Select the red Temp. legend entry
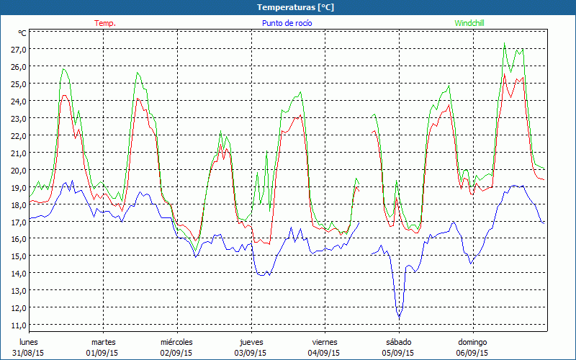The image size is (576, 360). pos(105,23)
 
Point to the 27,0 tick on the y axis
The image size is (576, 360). pos(18,49)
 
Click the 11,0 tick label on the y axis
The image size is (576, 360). pos(18,325)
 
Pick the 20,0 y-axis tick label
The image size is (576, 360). pos(18,170)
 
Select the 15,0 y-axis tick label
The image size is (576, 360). pos(18,256)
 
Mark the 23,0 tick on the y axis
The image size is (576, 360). pos(18,118)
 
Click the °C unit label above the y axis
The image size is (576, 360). pos(22,33)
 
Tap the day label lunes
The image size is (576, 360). pos(29,342)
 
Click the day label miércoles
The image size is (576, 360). pos(176,342)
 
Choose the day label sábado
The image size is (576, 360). pos(398,342)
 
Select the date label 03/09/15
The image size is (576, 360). pos(250,353)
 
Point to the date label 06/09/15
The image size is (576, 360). pos(472,353)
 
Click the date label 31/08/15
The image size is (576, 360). pos(28,353)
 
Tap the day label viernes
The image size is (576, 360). pos(324,342)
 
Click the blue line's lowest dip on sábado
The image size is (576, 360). pos(399,318)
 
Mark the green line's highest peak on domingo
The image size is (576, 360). pos(504,43)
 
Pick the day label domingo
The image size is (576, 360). pos(472,342)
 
